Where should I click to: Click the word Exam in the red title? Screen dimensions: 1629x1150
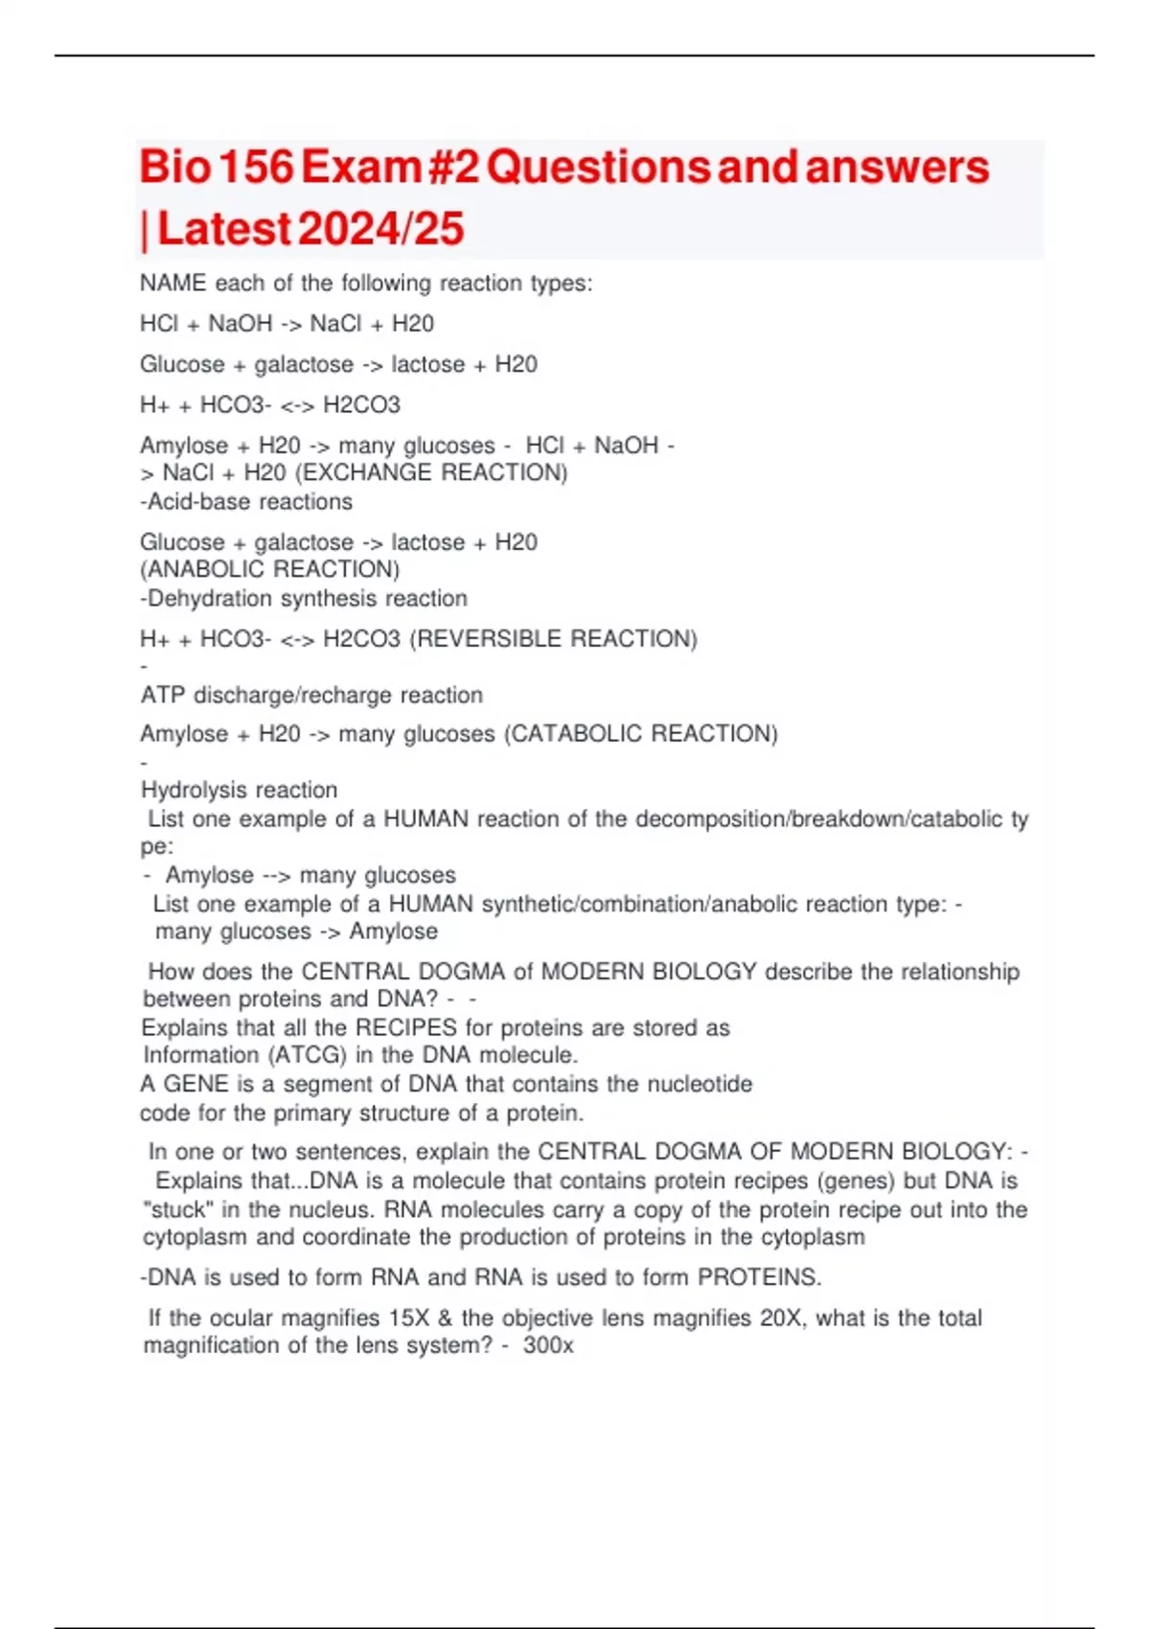[x=361, y=167]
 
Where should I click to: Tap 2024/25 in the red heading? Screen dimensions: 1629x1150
[x=380, y=229]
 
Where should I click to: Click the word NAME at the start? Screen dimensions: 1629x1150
[x=172, y=284]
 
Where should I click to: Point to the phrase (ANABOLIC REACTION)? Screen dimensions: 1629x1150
[x=270, y=570]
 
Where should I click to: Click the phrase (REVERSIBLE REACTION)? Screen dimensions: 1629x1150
[x=553, y=639]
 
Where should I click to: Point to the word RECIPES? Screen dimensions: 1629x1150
[x=406, y=1028]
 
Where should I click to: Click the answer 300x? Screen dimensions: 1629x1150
[x=548, y=1345]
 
